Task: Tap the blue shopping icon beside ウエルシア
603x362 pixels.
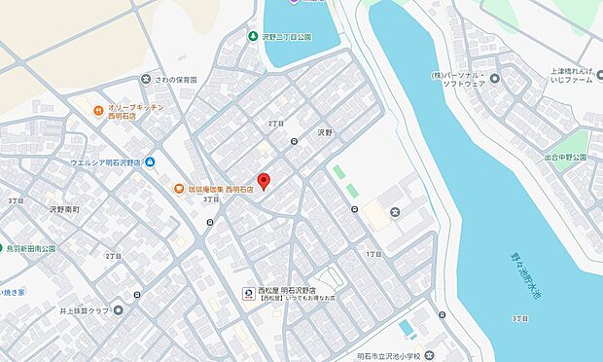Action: click(x=149, y=163)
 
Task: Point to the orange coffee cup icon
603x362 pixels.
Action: click(x=178, y=189)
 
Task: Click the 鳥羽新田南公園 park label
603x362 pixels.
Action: click(x=32, y=248)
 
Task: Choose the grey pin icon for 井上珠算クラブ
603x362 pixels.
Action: click(x=118, y=310)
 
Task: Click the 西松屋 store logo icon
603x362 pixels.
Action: click(x=247, y=292)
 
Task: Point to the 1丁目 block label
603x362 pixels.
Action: click(x=372, y=253)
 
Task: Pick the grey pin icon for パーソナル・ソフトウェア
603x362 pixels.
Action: click(x=494, y=79)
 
